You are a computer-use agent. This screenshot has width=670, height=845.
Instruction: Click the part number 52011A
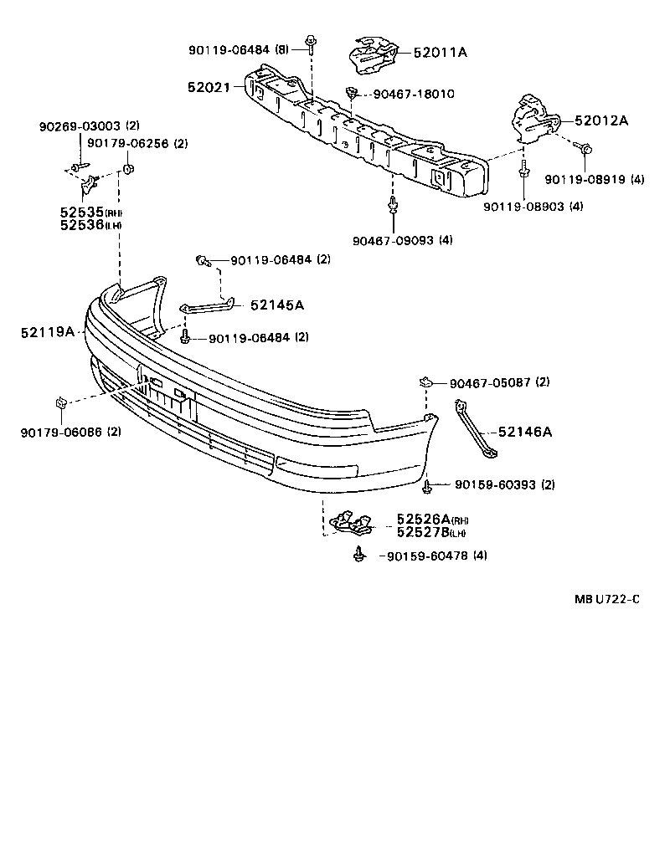click(440, 53)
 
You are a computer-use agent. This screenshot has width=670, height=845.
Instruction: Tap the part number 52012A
click(600, 120)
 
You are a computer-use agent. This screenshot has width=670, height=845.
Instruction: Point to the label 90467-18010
click(413, 94)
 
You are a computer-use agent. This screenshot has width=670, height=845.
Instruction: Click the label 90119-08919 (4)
click(594, 179)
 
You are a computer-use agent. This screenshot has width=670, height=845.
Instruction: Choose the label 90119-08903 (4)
click(533, 206)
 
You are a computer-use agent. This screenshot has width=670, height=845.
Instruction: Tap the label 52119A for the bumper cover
click(48, 332)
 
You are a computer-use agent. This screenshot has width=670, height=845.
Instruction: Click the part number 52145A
click(276, 305)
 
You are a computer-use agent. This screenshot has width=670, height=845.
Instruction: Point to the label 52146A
click(525, 432)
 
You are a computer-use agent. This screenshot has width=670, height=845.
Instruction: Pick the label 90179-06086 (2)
click(70, 432)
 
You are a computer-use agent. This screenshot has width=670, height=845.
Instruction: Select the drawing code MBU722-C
click(606, 598)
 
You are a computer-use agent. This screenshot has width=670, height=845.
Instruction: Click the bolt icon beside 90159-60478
click(359, 553)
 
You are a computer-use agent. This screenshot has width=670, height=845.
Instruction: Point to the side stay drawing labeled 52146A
click(476, 429)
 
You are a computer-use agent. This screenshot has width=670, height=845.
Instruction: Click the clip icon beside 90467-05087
click(425, 382)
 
